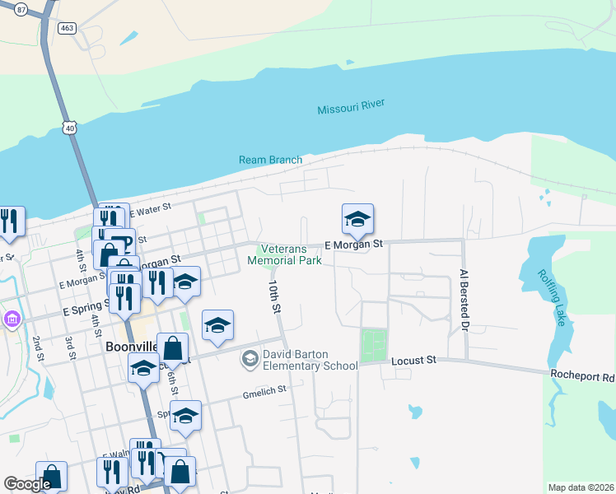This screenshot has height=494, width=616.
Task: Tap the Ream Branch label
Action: point(270,160)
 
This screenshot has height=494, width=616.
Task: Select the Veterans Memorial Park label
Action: point(284,254)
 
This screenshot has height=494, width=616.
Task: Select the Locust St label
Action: point(412,361)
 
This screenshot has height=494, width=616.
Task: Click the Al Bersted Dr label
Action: point(464,301)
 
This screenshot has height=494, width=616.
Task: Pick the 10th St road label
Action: point(274,296)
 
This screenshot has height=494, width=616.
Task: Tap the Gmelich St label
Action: point(264,390)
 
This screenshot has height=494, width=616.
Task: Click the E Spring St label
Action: point(87,312)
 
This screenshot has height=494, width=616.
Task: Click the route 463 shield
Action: point(67,27)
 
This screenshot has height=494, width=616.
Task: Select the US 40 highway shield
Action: point(70,127)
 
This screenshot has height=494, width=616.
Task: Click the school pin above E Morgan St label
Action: point(358,219)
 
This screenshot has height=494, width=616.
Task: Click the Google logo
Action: point(27,484)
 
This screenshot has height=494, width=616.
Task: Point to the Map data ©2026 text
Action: point(581,487)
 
